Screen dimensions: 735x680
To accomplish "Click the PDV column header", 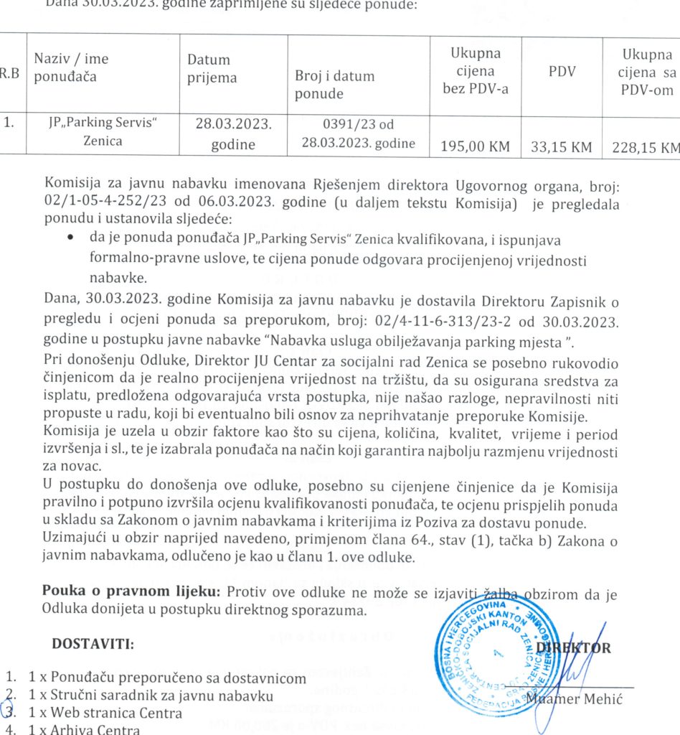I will click(x=562, y=71).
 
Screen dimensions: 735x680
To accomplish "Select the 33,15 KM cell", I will click(x=562, y=147).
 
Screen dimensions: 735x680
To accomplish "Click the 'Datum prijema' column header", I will click(x=209, y=69).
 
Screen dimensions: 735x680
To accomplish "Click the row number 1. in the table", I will click(x=9, y=122).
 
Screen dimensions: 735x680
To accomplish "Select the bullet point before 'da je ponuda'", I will click(x=72, y=236).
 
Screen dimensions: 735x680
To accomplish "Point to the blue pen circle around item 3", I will click(x=8, y=711).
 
